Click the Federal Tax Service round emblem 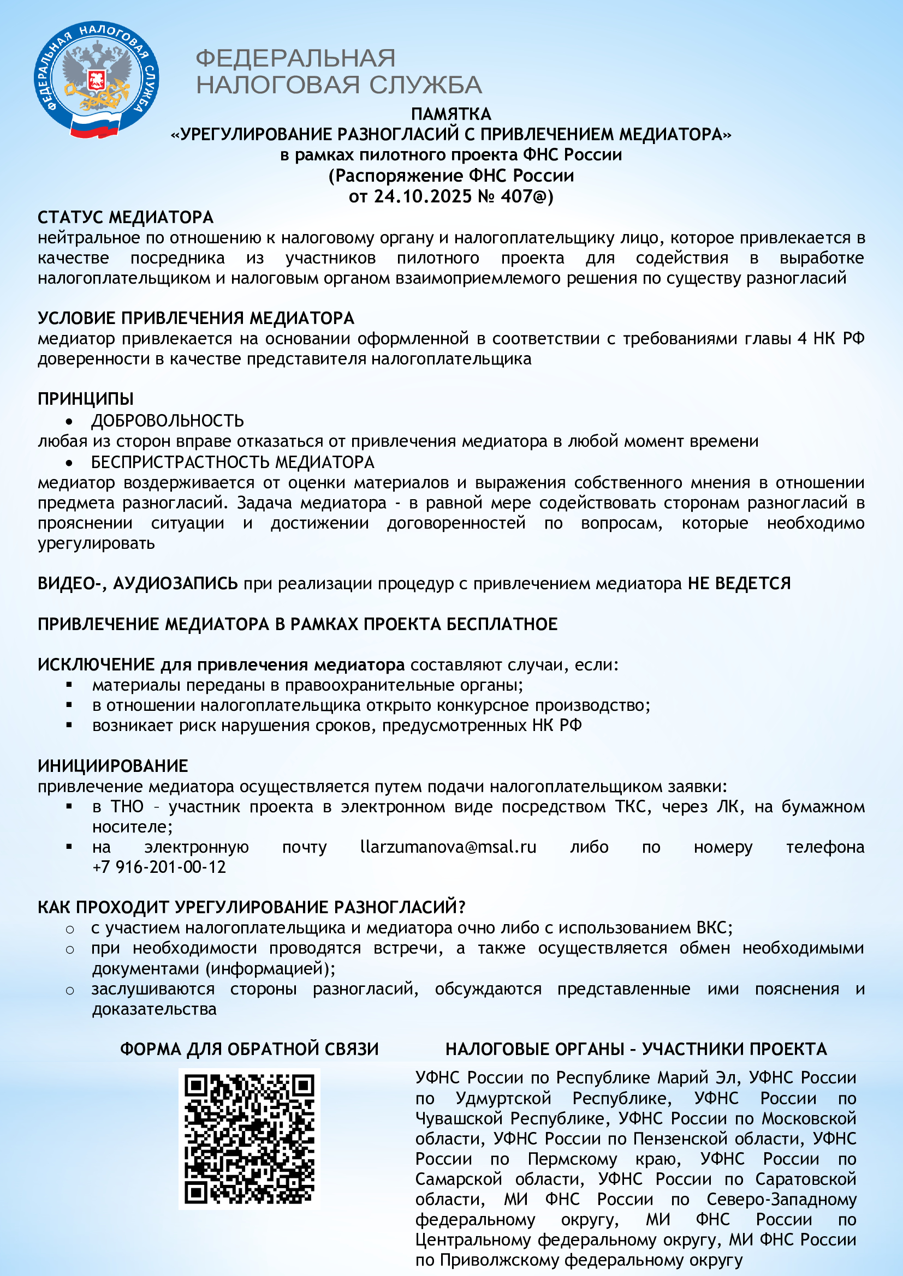coord(96,78)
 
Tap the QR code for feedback coord(249,1139)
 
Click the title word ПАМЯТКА coord(451,114)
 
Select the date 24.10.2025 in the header coord(422,196)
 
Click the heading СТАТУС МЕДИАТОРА coord(126,217)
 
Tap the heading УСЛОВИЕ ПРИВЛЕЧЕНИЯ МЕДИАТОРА coord(196,318)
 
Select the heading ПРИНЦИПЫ coord(86,398)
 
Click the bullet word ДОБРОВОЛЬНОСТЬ coord(168,421)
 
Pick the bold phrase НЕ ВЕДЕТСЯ coord(739,584)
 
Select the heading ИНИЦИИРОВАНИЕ coord(113,766)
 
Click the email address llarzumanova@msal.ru coord(448,847)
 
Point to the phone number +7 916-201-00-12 coord(159,867)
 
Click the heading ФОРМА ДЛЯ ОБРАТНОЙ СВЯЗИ coord(249,1049)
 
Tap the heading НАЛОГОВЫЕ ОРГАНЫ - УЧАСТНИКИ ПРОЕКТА coord(636,1049)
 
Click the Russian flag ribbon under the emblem coord(95,124)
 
